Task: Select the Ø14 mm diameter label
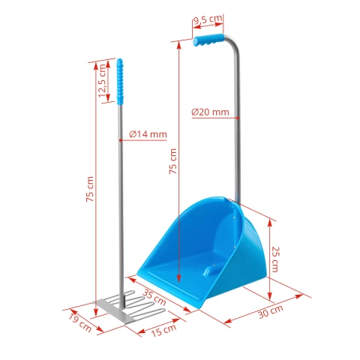147,134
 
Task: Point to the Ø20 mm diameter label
209,112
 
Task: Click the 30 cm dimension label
272,310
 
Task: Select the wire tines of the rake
142,304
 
